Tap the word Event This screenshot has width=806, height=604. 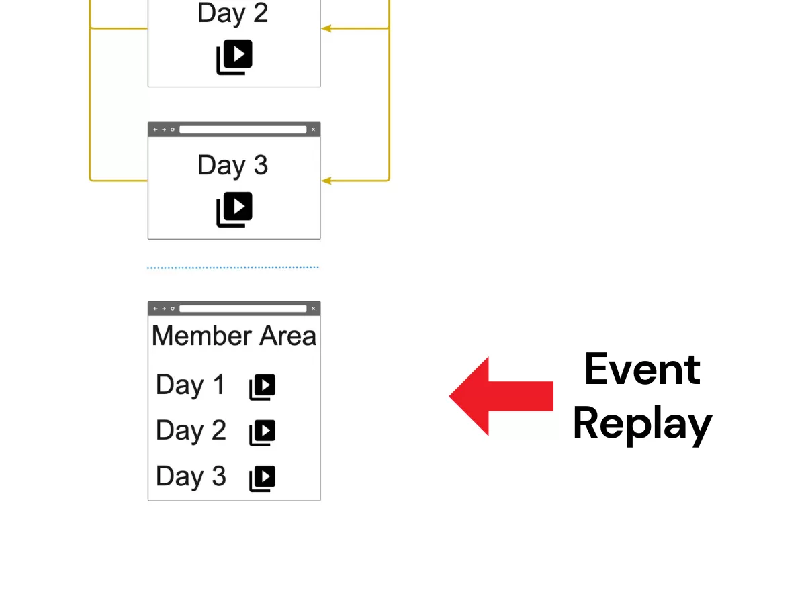[642, 369]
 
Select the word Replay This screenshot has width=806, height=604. [642, 424]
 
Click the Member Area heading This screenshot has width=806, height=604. [234, 336]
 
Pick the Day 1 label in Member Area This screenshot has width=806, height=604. [190, 385]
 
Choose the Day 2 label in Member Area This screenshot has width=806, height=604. [191, 431]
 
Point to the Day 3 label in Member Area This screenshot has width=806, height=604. [191, 476]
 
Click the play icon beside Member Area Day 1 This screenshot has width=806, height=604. [263, 387]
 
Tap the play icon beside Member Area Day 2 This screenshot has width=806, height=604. [263, 433]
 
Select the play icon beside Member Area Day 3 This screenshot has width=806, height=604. [263, 479]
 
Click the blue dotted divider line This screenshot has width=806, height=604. [233, 268]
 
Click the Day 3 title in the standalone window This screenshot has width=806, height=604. [232, 166]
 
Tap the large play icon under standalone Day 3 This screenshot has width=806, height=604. [234, 209]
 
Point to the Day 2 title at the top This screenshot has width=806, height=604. [232, 13]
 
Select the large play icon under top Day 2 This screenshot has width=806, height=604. [234, 57]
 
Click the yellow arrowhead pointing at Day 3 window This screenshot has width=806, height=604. [326, 181]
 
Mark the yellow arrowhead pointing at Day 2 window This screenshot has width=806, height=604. [326, 28]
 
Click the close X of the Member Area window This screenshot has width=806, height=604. [313, 309]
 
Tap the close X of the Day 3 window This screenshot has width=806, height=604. [313, 130]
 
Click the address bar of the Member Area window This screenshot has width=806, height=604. [242, 309]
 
